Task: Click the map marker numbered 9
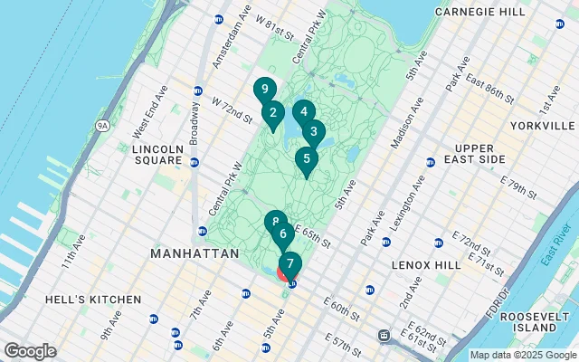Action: [x=263, y=90]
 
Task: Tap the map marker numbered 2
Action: [x=272, y=113]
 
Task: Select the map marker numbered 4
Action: [x=304, y=111]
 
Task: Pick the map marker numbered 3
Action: [x=314, y=130]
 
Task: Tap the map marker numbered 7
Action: [x=289, y=263]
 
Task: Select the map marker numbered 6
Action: [x=283, y=234]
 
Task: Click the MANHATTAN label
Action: [x=195, y=254]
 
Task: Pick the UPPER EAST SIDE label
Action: [x=492, y=153]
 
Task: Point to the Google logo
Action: [x=30, y=351]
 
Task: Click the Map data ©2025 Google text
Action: [x=521, y=356]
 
